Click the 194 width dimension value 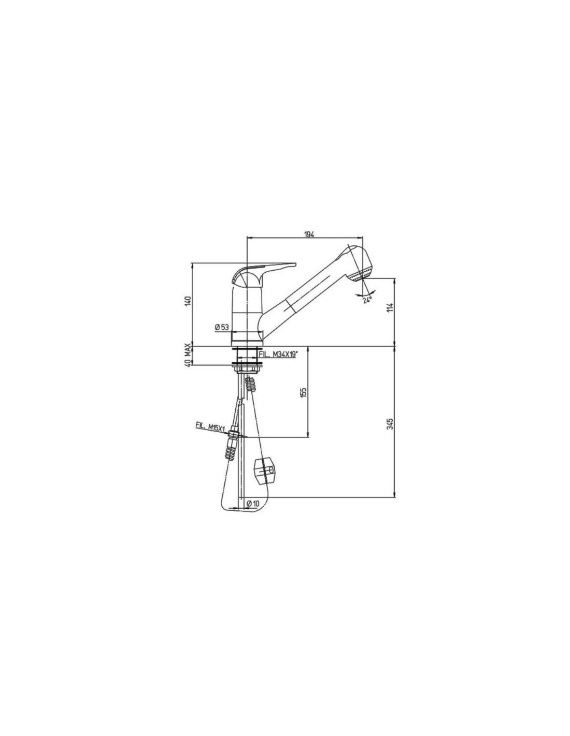coord(309,234)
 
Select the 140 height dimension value coord(189,300)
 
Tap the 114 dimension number coord(390,307)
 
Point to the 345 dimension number coord(390,424)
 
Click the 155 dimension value coord(304,392)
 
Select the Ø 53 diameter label coord(222,327)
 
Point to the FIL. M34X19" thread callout coord(278,354)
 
